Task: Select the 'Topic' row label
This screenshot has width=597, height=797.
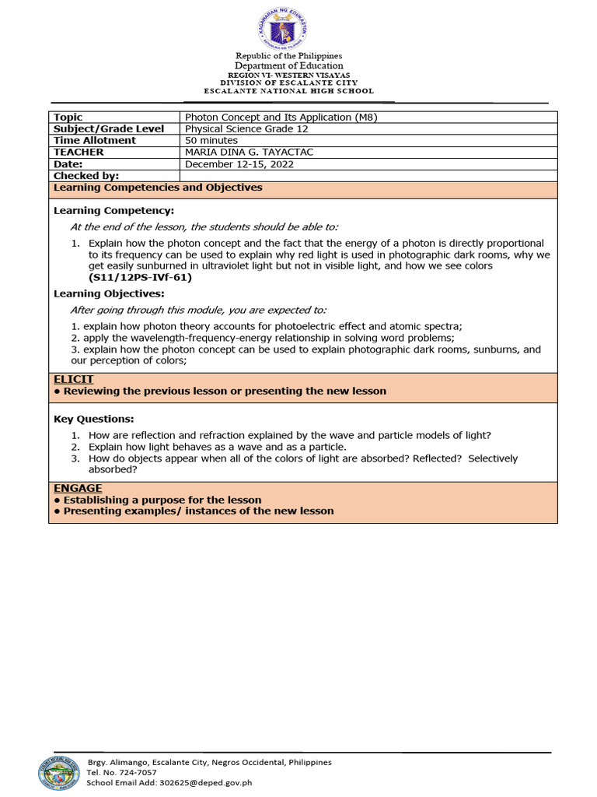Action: (x=68, y=117)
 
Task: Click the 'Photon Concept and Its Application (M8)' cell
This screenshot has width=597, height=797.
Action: (x=281, y=117)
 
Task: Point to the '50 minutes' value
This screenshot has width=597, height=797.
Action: (x=211, y=140)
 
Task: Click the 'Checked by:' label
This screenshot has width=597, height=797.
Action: (x=86, y=176)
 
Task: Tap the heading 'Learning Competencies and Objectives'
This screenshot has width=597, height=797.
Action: (x=158, y=188)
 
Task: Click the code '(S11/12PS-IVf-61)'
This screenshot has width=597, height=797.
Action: (x=140, y=277)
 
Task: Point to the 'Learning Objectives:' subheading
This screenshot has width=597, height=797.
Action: (x=109, y=293)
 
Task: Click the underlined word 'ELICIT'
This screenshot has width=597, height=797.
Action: (x=73, y=379)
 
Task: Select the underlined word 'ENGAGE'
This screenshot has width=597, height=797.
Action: (x=78, y=488)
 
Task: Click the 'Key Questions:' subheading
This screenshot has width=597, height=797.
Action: (x=93, y=419)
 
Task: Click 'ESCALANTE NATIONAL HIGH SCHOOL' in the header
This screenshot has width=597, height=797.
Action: (x=288, y=91)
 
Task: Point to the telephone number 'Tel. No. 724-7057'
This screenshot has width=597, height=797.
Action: (x=122, y=772)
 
